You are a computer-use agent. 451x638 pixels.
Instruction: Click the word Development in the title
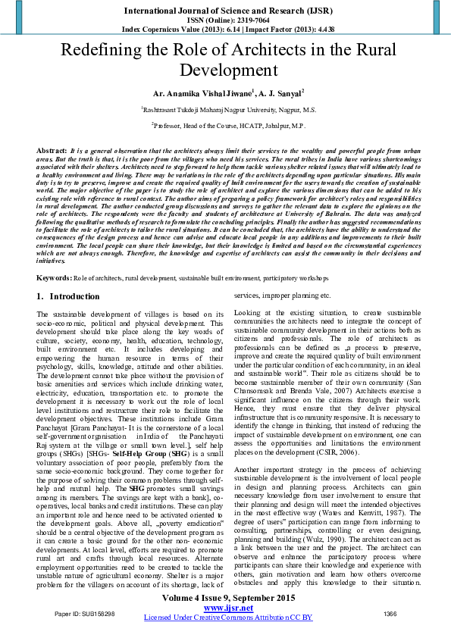[225, 71]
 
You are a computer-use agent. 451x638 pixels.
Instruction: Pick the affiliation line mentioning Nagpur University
[225, 109]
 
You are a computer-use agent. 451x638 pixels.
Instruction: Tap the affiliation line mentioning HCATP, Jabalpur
[225, 124]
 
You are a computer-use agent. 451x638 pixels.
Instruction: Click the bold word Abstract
[52, 152]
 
